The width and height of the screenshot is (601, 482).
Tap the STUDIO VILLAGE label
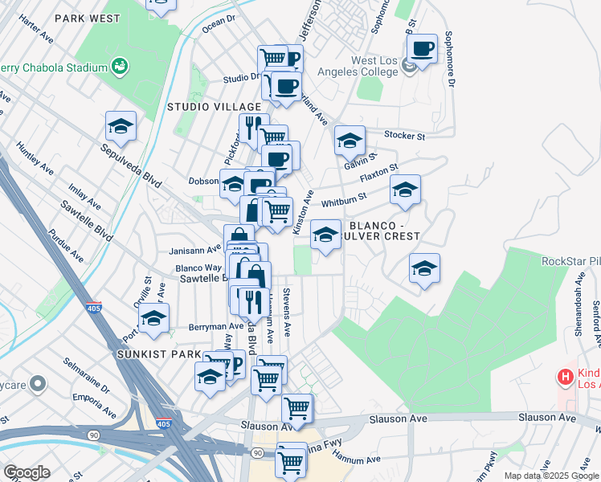[x=214, y=107]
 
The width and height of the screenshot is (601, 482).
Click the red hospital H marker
[x=565, y=376]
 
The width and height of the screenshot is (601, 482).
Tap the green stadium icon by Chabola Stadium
[x=120, y=65]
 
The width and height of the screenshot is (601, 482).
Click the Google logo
[x=27, y=472]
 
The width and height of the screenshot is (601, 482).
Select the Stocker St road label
[x=403, y=135]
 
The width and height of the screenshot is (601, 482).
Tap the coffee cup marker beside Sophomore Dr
[x=422, y=48]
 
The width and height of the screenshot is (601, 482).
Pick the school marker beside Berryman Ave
[x=153, y=317]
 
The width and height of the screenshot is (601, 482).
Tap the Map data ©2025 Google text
[x=551, y=476]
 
